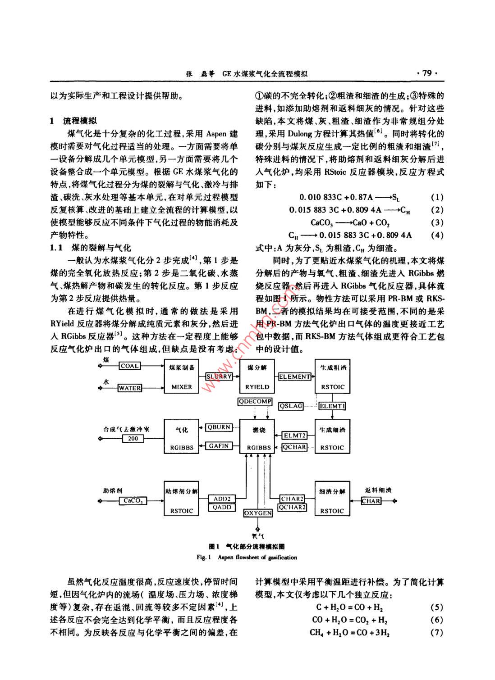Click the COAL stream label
[x=130, y=366]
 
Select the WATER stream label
[x=130, y=388]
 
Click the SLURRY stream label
[x=219, y=376]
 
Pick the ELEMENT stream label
[x=294, y=376]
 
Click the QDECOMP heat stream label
[x=255, y=401]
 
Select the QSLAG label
[x=291, y=406]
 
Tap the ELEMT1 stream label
[x=332, y=406]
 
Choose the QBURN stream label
[x=219, y=427]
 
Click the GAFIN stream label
[x=219, y=446]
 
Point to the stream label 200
[x=133, y=438]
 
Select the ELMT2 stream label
[x=294, y=435]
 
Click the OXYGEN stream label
[x=258, y=513]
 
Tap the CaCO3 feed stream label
[x=133, y=501]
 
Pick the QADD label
[x=222, y=507]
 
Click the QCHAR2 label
[x=292, y=507]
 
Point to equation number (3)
[x=437, y=222]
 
